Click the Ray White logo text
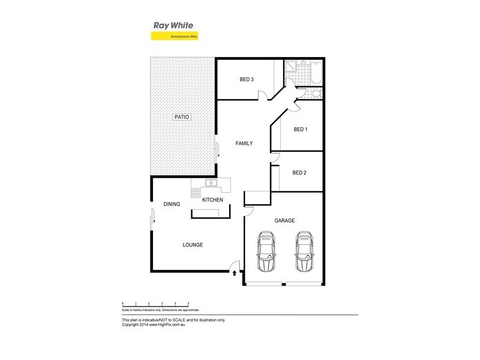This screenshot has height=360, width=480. click(x=174, y=26)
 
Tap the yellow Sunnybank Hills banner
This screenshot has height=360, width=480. click(x=174, y=36)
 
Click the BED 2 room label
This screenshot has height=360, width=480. click(x=299, y=173)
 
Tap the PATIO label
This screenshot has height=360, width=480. click(x=182, y=117)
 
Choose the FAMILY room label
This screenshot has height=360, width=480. click(x=244, y=143)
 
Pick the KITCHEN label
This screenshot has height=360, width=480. click(x=212, y=200)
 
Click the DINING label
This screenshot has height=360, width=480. click(x=172, y=205)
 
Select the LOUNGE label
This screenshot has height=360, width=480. click(x=193, y=245)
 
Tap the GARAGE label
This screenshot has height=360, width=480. click(x=284, y=221)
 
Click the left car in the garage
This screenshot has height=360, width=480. click(x=266, y=251)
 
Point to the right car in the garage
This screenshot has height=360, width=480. click(x=305, y=251)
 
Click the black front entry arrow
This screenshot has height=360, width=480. click(x=233, y=273)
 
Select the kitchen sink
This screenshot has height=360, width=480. click(x=211, y=183)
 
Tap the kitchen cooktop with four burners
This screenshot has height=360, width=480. click(x=196, y=193)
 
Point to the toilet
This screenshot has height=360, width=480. click(x=316, y=92)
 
